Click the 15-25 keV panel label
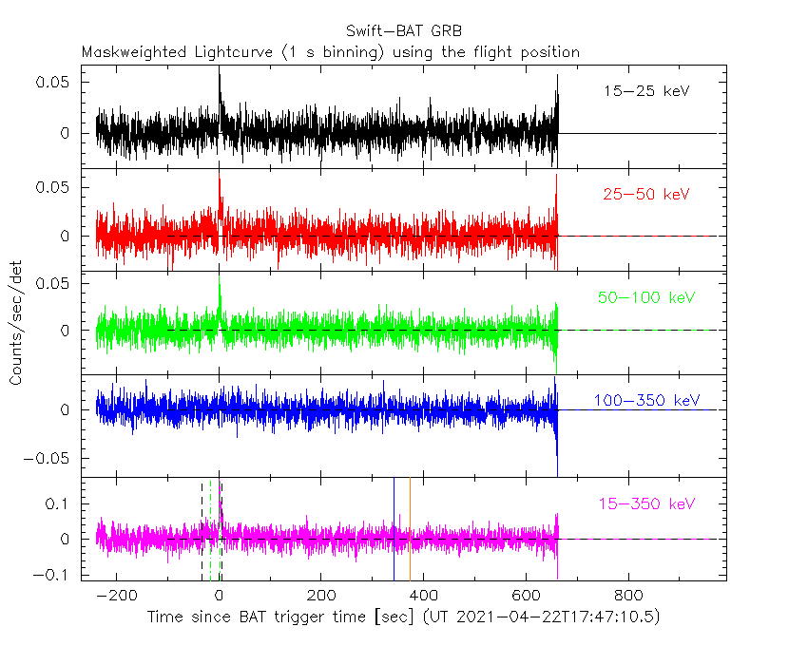645,92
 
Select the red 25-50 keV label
645,195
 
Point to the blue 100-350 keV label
646,400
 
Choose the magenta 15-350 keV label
646,503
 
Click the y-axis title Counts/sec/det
16,325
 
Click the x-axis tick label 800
626,597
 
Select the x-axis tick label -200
116,597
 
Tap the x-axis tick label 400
423,597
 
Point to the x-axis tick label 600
525,597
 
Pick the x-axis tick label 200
320,597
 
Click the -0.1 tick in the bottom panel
54,574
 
